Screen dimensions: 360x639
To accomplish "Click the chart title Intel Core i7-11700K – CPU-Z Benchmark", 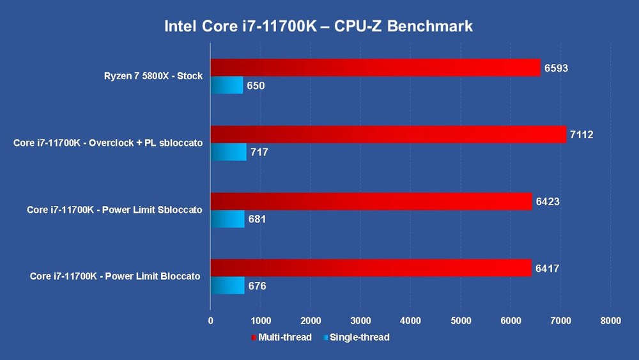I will coord(319,26).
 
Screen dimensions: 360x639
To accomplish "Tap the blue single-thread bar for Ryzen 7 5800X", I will coord(227,85).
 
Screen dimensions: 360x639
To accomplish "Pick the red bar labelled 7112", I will coord(389,134).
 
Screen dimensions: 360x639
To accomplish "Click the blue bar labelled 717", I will coord(229,152).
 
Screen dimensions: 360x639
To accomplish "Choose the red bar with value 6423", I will coord(371,201).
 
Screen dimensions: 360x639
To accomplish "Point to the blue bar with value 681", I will coord(227,219).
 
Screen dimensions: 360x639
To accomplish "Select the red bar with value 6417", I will coord(371,268).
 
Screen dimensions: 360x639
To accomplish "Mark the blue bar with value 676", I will coord(227,286).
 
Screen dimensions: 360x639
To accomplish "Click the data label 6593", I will coord(556,67).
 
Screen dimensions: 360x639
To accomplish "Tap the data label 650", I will coord(256,85).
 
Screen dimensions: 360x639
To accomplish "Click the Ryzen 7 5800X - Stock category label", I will coord(153,76).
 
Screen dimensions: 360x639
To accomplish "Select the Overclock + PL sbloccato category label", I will coord(108,143).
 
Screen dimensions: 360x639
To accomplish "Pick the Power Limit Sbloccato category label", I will coord(114,210).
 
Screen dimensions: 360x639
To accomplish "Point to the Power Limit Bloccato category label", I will coord(115,276).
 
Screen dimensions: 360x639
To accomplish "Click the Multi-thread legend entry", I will coord(281,337).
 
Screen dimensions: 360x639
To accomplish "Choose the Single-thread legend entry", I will coord(356,337).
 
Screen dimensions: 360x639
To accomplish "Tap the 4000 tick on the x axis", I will coord(410,321).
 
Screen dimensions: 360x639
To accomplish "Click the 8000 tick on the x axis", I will coord(610,321).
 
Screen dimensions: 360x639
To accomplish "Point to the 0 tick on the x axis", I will coord(211,321).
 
